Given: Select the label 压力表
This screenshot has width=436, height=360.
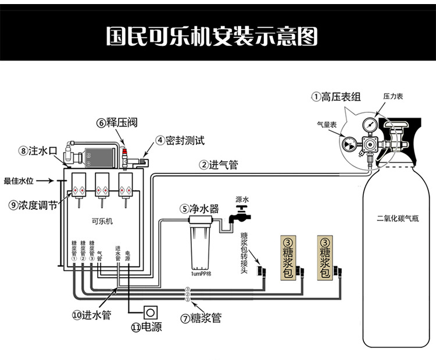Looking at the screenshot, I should (x=392, y=96).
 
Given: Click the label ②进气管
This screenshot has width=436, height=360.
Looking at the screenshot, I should (x=218, y=165).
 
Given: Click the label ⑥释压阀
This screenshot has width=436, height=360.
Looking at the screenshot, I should (x=115, y=122).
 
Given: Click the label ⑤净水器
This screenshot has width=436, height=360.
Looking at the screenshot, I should (x=199, y=208).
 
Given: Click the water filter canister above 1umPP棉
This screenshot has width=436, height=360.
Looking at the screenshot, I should (x=200, y=247).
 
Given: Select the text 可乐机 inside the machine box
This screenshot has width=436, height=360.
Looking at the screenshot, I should (x=102, y=221).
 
